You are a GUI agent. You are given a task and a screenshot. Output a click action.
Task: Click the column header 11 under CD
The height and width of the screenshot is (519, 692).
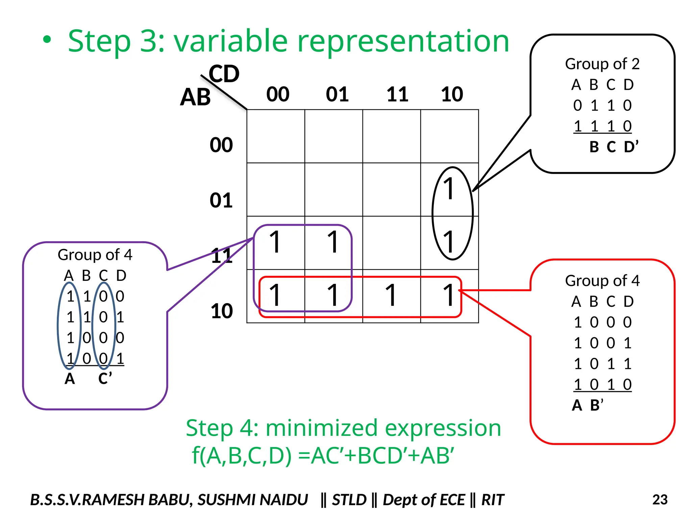397,94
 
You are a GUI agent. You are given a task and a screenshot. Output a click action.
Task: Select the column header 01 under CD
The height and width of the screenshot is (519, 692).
337,94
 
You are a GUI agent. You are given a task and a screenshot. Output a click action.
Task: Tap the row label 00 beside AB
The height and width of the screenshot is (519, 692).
221,145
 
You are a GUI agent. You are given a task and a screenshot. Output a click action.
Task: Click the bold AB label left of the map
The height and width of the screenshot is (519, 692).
195,97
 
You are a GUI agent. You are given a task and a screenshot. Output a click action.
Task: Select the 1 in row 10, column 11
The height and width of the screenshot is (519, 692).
391,295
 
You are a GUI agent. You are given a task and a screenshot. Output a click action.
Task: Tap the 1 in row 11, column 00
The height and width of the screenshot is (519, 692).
275,242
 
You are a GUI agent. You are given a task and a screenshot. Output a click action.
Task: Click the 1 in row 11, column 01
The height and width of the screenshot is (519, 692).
333,242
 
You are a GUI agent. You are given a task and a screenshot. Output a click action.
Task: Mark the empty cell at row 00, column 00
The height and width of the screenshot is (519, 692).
276,136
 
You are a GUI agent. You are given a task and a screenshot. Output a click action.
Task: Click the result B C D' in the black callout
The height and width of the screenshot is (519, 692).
614,147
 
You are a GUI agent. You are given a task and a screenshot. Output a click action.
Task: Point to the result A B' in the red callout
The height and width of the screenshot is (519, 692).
587,405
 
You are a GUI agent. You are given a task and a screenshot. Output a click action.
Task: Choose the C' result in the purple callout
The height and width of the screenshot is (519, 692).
105,378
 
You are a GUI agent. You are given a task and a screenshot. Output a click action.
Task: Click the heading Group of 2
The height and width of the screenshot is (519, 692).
602,64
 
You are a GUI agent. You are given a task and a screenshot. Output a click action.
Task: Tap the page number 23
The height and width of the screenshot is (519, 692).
660,500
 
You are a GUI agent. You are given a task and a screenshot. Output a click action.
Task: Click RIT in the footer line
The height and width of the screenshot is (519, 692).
493,500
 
